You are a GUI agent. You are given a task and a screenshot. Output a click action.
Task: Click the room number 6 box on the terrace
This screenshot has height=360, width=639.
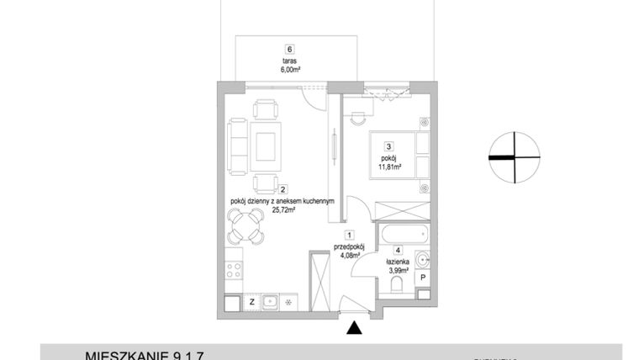point(289,49)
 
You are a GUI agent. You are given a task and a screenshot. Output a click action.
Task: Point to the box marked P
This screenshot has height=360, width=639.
point(423,278)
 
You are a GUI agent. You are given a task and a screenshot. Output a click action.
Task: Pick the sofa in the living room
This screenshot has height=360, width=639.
point(237,146)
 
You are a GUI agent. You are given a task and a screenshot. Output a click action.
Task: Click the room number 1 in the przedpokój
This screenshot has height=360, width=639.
point(348,236)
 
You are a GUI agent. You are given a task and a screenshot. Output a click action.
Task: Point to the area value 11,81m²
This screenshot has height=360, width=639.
point(388,166)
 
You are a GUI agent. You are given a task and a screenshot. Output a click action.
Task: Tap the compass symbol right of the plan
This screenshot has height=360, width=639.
point(513,157)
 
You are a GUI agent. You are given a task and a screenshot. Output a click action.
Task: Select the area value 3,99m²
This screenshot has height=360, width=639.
point(397,271)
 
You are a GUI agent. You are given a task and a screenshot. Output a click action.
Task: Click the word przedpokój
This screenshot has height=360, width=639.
point(347,246)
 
